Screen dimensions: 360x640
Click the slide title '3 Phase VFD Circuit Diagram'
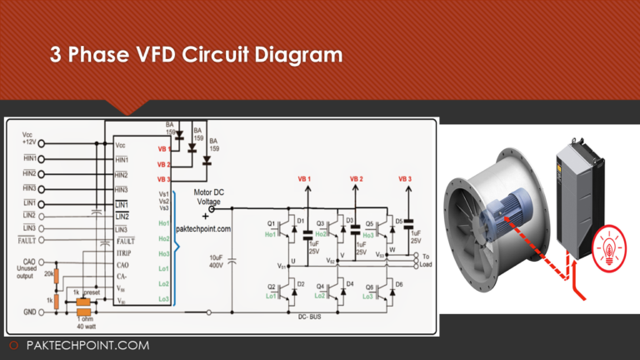[x=196, y=56]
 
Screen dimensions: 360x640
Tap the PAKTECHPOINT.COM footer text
[x=87, y=345]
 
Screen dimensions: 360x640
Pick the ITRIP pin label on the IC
[x=123, y=252]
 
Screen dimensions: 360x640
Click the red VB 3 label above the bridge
[x=405, y=180]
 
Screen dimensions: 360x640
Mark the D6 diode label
[x=399, y=284]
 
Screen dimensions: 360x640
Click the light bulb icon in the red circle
[x=607, y=251]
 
